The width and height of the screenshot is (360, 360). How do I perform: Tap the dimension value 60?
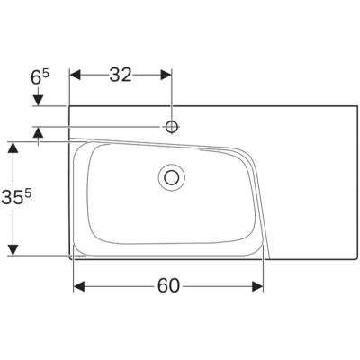168,286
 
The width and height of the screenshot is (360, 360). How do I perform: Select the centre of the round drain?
170,177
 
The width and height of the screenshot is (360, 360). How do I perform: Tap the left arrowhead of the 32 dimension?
76,76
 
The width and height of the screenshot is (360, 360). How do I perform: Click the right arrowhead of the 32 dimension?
166,76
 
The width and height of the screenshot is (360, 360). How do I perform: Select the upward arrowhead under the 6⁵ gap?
40,132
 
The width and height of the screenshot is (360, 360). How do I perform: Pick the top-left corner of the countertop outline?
71,105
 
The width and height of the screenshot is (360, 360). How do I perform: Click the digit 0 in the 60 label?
176,286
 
